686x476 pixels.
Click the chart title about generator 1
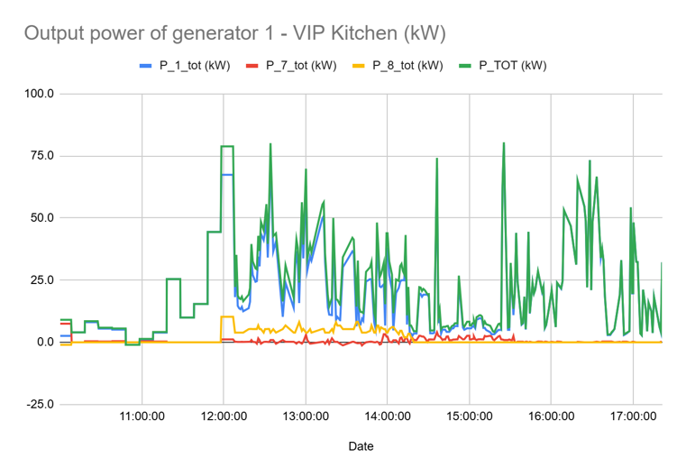pos(234,33)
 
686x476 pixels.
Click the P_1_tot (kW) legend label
pos(195,65)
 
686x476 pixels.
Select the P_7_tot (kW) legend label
pos(302,65)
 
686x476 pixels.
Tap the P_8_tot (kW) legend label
pos(407,65)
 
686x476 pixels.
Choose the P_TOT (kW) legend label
pos(511,65)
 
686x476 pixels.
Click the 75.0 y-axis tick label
pos(41,156)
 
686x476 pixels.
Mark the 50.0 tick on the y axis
pos(41,218)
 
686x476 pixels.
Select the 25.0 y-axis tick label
pos(41,280)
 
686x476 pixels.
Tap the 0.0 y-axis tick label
pos(44,343)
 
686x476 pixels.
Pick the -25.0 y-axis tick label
pos(39,405)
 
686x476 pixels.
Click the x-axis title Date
pos(361,446)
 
